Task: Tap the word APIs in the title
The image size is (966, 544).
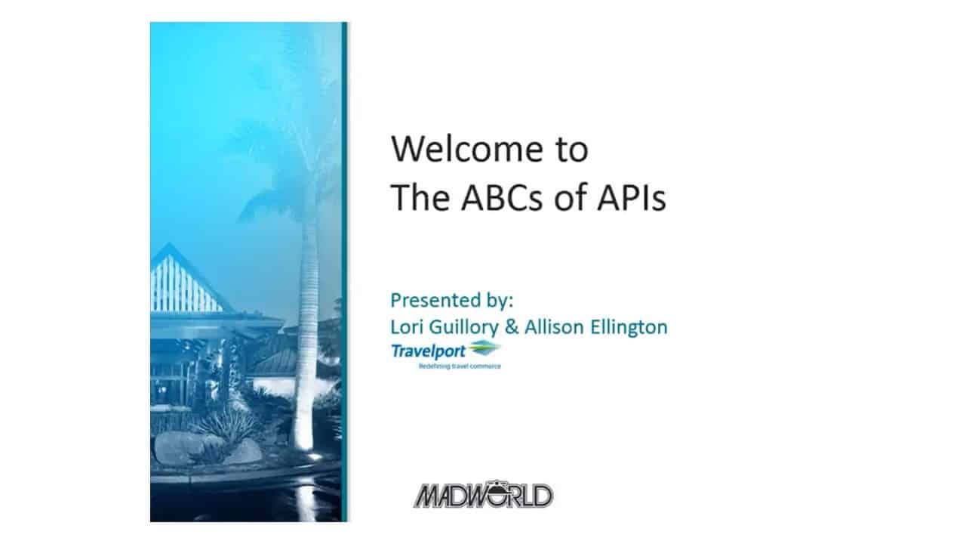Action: [632, 197]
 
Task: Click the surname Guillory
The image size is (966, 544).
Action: [464, 328]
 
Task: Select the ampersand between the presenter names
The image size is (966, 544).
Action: [512, 327]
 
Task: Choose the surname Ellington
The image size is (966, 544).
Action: [629, 328]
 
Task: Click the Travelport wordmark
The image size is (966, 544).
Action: [428, 351]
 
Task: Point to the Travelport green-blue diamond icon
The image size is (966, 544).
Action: [485, 348]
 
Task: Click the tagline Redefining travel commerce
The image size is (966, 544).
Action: [460, 366]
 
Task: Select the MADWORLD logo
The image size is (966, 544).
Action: [484, 495]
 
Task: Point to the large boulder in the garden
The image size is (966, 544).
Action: [179, 447]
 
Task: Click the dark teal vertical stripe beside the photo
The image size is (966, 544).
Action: [344, 272]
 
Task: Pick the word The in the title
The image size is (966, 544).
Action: [420, 197]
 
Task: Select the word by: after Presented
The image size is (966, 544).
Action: [497, 301]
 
